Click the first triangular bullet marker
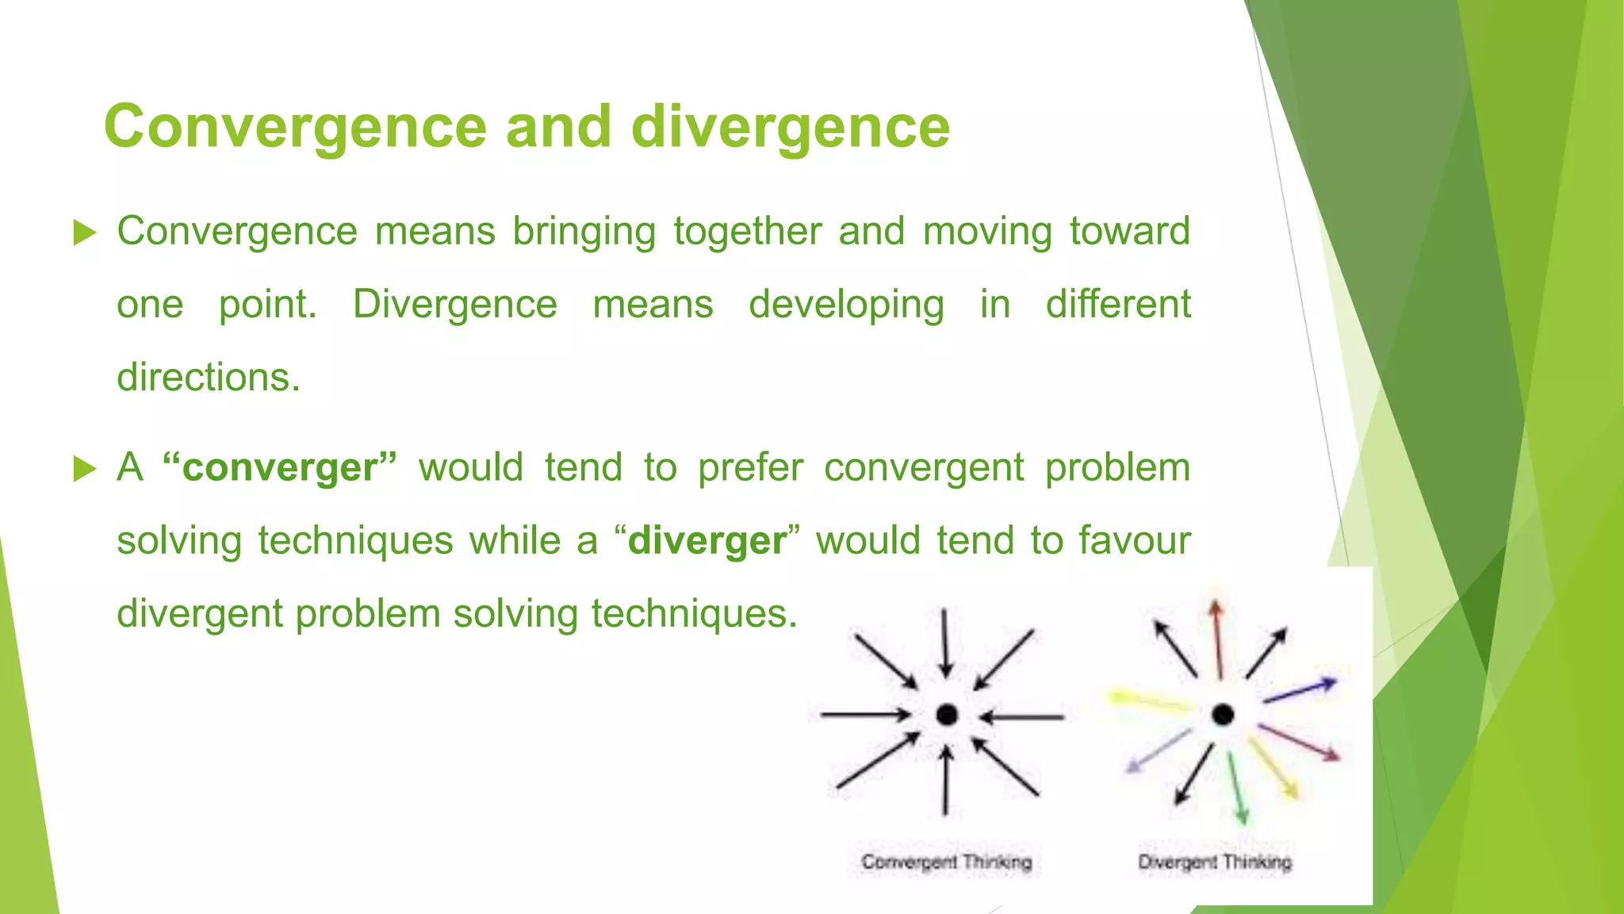[84, 233]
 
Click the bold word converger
[279, 467]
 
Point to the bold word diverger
[707, 541]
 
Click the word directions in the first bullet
[208, 377]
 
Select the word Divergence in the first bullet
[455, 304]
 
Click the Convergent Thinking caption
[946, 862]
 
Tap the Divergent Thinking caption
[1215, 862]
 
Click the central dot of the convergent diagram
[947, 715]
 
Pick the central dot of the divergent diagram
[1223, 715]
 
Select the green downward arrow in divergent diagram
[1237, 789]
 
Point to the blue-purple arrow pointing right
[1300, 690]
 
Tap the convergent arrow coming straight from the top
[944, 643]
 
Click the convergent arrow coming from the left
[864, 715]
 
